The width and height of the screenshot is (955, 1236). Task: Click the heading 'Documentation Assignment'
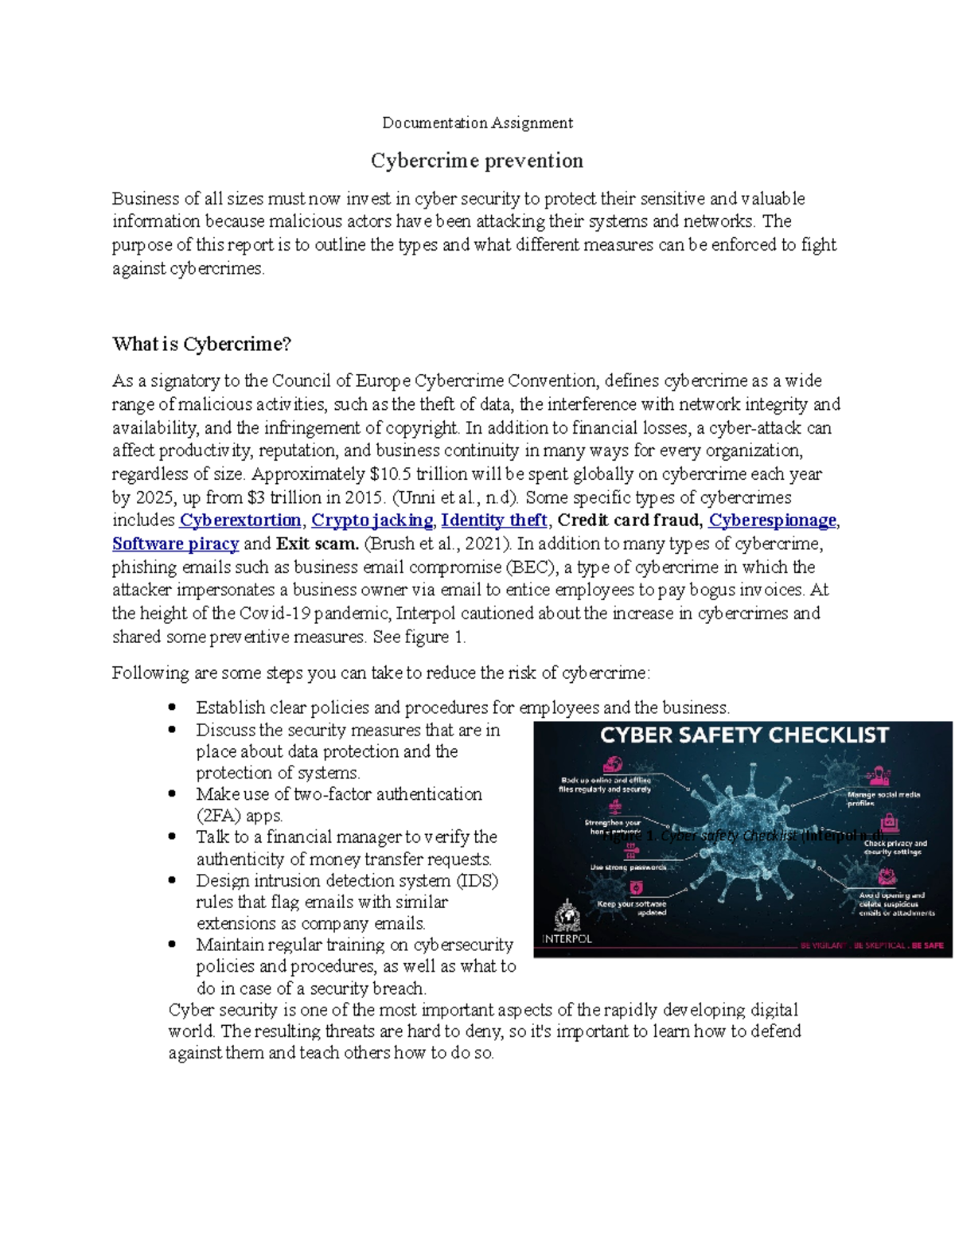pyautogui.click(x=477, y=123)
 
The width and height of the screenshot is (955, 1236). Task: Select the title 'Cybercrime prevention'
pyautogui.click(x=477, y=161)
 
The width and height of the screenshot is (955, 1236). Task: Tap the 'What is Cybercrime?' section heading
pyautogui.click(x=201, y=344)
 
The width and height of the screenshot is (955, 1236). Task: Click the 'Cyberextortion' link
pyautogui.click(x=240, y=521)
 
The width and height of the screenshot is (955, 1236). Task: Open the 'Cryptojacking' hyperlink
pyautogui.click(x=372, y=521)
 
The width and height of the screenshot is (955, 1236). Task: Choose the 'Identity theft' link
pyautogui.click(x=494, y=521)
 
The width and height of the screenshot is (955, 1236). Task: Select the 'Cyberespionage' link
pyautogui.click(x=772, y=521)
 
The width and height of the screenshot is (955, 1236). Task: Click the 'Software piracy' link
pyautogui.click(x=175, y=544)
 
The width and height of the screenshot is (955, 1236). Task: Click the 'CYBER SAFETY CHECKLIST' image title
pyautogui.click(x=744, y=735)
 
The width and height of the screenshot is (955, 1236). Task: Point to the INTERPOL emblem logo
pyautogui.click(x=567, y=915)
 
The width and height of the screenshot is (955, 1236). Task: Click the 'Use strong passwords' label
pyautogui.click(x=628, y=867)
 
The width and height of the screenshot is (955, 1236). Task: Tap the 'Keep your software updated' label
pyautogui.click(x=632, y=908)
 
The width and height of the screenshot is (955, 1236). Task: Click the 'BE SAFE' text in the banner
pyautogui.click(x=928, y=946)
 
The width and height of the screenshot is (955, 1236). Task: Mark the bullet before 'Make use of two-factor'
pyautogui.click(x=172, y=794)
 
